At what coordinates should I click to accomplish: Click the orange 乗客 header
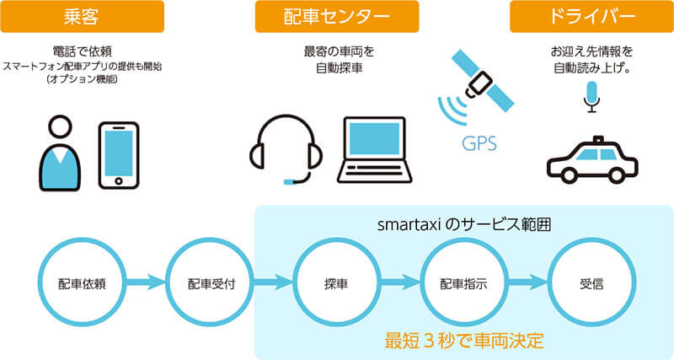[x=82, y=16]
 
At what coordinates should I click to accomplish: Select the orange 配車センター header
[x=337, y=16]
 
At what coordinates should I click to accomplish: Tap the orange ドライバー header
[x=591, y=16]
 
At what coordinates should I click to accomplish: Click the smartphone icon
[x=119, y=155]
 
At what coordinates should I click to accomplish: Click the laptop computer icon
[x=374, y=150]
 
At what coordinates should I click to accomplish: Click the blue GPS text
[x=479, y=143]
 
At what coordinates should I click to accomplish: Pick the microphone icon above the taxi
[x=592, y=97]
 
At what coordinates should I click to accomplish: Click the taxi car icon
[x=592, y=159]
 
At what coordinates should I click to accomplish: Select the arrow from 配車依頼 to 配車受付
[x=146, y=282]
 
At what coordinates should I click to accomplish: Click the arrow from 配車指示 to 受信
[x=528, y=282]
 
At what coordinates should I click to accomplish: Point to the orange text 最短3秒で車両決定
[x=464, y=341]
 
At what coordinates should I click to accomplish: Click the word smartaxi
[x=409, y=224]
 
